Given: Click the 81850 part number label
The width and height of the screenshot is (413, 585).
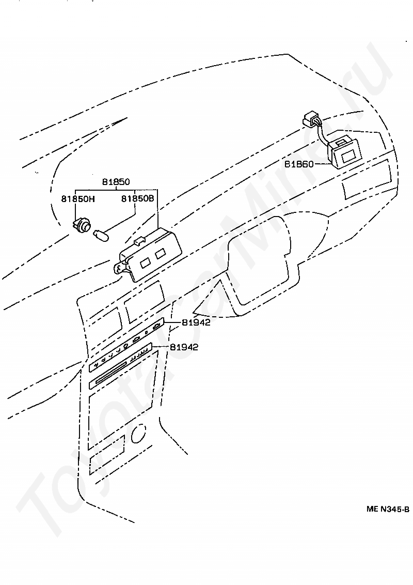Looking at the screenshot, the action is pos(116,182).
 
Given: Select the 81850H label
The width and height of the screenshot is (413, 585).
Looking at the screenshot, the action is pos(78,199).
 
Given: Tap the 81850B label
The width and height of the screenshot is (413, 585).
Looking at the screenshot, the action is pos(137,199).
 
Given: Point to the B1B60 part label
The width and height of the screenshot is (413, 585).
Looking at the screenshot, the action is pos(299,164).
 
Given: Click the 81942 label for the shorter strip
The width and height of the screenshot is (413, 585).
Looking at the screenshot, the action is pos(196,322).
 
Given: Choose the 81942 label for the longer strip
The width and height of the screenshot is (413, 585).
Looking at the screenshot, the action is pos(184,347).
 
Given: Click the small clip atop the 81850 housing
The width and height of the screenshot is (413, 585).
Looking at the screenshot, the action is pos(138,241).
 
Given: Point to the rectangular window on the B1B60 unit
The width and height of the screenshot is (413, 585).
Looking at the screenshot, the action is pos(348,156).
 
